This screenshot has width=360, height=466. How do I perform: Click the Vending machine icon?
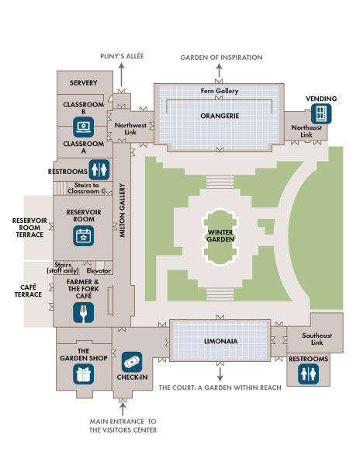[320, 113]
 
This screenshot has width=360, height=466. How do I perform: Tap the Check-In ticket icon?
[132, 362]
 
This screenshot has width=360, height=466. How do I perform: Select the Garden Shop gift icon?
[83, 374]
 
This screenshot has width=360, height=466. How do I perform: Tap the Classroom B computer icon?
[84, 124]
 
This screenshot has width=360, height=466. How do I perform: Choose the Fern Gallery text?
[219, 92]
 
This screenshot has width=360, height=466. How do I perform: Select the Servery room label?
[83, 82]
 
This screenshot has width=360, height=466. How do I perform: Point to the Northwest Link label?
[130, 128]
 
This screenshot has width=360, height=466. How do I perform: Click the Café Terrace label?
[27, 290]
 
